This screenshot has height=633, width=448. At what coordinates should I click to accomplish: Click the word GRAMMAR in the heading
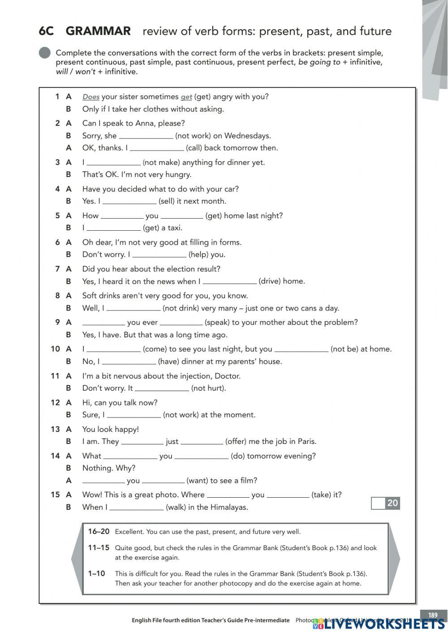click(98, 31)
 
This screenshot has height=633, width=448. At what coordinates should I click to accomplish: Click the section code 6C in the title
click(46, 31)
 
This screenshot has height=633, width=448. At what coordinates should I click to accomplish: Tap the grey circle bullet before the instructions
click(45, 53)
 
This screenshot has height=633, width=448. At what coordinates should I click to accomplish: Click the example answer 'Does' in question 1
click(91, 97)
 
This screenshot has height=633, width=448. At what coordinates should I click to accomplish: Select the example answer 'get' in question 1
click(186, 97)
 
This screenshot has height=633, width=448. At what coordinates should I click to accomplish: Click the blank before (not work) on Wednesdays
click(146, 136)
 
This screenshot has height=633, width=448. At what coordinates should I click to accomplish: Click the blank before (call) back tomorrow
click(157, 148)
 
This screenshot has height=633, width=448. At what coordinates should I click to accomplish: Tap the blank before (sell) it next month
click(129, 202)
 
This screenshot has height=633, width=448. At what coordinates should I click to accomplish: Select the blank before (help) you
click(159, 255)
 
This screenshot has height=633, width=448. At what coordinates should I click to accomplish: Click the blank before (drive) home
click(229, 282)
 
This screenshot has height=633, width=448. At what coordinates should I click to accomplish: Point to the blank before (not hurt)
click(162, 388)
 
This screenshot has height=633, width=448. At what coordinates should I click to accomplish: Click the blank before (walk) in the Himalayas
click(137, 508)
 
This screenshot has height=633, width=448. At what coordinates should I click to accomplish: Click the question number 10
click(55, 349)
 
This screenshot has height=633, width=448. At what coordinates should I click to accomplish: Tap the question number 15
click(55, 495)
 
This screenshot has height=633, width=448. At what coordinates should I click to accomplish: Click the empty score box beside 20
click(378, 503)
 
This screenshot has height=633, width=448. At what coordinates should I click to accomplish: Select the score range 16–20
click(99, 532)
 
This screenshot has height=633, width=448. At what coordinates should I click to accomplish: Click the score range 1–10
click(96, 573)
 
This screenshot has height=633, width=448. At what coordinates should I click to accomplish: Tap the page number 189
click(433, 615)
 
